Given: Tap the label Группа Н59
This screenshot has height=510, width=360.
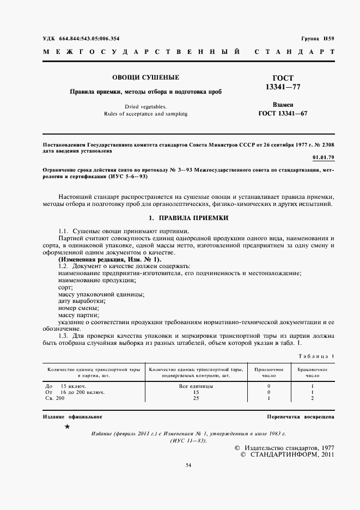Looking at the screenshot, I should coord(318,38).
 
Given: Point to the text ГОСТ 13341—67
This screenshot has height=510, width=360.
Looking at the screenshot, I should coord(283,113).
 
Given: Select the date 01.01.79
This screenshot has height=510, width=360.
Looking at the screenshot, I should coord(323,157).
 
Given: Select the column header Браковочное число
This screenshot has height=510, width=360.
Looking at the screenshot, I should coord(312,372).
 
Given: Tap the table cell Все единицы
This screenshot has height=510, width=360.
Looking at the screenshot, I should coord(196,386).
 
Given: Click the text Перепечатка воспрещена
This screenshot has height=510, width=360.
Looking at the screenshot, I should coord(301,417).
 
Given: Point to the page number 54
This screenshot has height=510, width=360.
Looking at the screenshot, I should coord(188,465).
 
